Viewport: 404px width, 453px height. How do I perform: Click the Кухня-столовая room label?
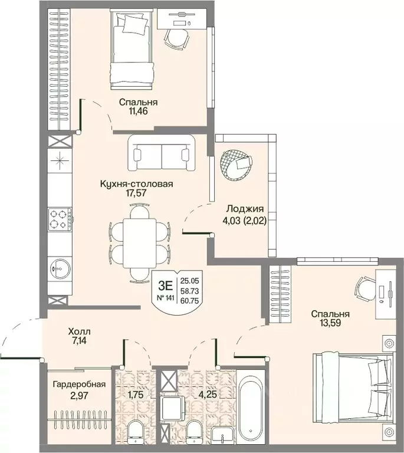point(136,184)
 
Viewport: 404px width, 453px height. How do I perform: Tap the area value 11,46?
point(139,111)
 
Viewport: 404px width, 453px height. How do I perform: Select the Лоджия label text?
point(245,209)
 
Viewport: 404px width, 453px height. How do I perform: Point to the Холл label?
point(79,331)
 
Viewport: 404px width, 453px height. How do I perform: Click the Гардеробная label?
point(79,385)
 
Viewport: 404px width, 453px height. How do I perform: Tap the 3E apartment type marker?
point(166,285)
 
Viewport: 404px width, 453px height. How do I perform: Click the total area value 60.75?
point(189,301)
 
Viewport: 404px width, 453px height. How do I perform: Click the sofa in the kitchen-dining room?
point(162,152)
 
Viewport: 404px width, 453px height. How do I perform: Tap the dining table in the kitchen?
point(139,243)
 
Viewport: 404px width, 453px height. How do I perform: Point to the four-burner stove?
point(60,219)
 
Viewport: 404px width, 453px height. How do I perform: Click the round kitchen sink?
point(60,269)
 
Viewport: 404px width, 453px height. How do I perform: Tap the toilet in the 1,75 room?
point(135,432)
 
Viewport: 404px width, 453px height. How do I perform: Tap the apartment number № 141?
point(166,298)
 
